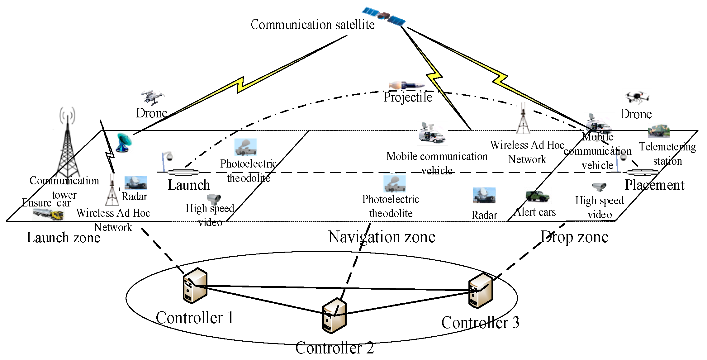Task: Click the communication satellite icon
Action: click(384, 16)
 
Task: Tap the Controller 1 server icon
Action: click(195, 285)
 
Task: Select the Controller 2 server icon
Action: click(334, 315)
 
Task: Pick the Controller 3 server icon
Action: click(481, 290)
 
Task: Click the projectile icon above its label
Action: click(407, 85)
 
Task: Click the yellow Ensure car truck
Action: click(48, 214)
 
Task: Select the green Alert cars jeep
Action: click(537, 196)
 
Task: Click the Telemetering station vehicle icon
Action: click(659, 131)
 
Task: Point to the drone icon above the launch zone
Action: click(152, 97)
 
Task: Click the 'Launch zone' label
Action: click(64, 238)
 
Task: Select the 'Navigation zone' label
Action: click(382, 237)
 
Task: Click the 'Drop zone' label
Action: click(575, 237)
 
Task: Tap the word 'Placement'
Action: click(655, 185)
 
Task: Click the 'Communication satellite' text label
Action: click(312, 25)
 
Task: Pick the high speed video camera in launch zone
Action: click(214, 199)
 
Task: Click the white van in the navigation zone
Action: click(432, 133)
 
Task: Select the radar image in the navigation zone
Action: click(484, 195)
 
